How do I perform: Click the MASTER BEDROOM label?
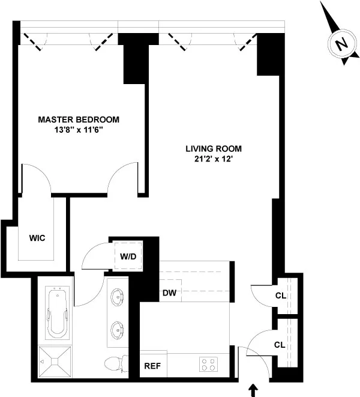tap(79, 119)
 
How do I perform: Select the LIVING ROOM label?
tap(214, 148)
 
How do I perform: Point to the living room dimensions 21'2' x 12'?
tap(214, 159)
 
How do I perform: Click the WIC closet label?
tap(37, 238)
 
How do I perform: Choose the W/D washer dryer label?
tap(128, 256)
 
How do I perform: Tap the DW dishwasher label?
tap(169, 293)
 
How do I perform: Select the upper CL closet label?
tap(280, 295)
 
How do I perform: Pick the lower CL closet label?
tap(280, 345)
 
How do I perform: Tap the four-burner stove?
tap(208, 365)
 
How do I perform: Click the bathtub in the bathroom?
tap(58, 313)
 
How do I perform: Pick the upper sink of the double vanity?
tap(118, 297)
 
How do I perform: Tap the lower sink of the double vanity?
tap(118, 329)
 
